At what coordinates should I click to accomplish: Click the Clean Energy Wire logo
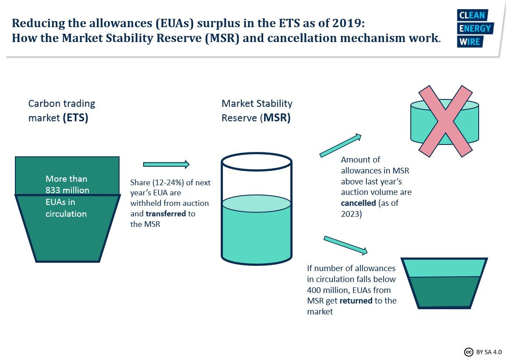coord(475,28)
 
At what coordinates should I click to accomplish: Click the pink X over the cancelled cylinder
coord(445,121)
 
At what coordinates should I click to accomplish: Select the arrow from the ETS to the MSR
coord(166,164)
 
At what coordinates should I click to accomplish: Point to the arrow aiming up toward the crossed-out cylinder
coord(340,145)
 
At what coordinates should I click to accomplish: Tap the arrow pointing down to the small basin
coord(346,245)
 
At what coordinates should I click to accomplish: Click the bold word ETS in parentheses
coord(75,117)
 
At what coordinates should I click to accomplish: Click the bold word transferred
coord(166,214)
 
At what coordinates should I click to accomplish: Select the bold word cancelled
coord(358,203)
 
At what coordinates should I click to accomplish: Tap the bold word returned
coord(356,301)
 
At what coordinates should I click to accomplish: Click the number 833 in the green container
coord(53,190)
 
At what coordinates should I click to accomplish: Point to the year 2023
coord(350,214)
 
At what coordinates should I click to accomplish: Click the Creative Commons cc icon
coord(469,352)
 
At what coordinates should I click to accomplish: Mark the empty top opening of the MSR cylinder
coord(257,161)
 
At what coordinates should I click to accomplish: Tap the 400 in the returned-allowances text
coord(314,290)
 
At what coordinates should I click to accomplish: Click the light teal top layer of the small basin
coord(444,268)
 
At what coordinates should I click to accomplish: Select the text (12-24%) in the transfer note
coord(168,183)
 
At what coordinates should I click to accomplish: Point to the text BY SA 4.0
coord(489,352)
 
